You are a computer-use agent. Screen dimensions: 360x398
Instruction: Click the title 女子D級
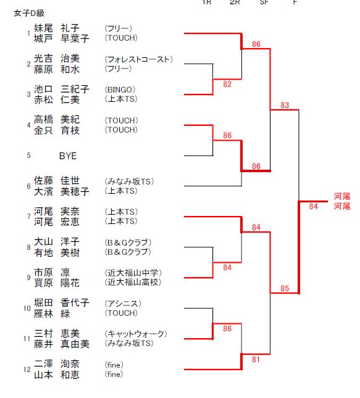[x=29, y=13]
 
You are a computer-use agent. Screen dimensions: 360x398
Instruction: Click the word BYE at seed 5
[x=68, y=156]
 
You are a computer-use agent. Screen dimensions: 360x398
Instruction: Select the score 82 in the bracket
[x=227, y=84]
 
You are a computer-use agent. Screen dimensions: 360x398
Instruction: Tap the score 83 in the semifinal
[x=285, y=105]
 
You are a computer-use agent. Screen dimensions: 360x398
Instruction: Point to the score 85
[x=285, y=288]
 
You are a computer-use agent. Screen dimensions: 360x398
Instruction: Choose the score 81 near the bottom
[x=256, y=359]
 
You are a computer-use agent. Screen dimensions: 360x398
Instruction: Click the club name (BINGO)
[x=120, y=89]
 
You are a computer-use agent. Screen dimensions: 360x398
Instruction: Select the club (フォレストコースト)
[x=139, y=59]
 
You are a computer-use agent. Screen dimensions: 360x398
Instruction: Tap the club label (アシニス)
[x=123, y=304]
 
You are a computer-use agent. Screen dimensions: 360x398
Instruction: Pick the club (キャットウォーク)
[x=136, y=334]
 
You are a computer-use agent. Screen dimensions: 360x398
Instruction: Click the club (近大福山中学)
[x=133, y=273]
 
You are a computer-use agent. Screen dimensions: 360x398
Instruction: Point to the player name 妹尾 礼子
[x=57, y=28]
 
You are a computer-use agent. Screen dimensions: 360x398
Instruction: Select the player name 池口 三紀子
[x=62, y=89]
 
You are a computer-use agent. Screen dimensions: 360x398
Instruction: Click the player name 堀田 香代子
[x=62, y=303]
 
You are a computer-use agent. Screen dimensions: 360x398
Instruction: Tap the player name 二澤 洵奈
[x=57, y=364]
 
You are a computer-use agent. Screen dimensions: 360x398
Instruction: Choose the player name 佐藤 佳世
[x=57, y=181]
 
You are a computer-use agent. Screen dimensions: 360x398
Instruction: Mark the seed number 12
[x=27, y=370]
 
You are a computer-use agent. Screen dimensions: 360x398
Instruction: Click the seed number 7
[x=28, y=217]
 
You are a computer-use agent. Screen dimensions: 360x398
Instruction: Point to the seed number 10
[x=27, y=308]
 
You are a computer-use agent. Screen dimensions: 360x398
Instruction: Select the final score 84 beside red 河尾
[x=313, y=206]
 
